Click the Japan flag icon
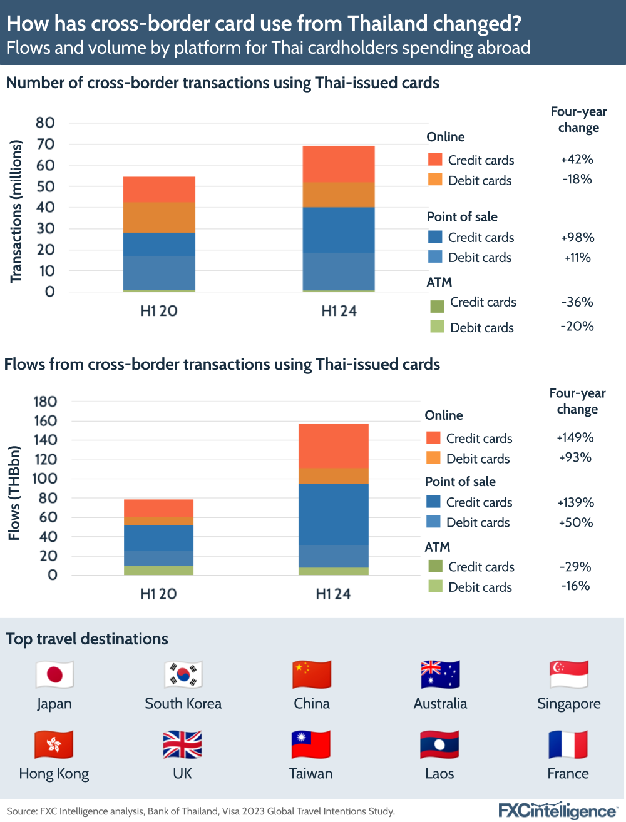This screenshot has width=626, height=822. pos(54,675)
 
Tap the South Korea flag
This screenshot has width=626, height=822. pos(183,675)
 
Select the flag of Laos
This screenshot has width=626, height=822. pos(439,745)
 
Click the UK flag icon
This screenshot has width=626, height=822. pos(182,745)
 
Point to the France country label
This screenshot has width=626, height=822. pos(568,774)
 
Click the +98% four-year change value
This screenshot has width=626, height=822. pos(577,238)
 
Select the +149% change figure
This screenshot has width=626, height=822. pos(575,438)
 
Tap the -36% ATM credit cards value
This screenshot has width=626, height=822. pos(577,302)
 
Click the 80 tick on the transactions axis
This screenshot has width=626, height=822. pos(45,123)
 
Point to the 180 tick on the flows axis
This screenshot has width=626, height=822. pos(45,402)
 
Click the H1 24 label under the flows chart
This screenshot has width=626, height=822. pos(333,594)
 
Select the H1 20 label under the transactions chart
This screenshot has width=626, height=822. pos(159,311)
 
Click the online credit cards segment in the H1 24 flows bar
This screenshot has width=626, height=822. pos(333,445)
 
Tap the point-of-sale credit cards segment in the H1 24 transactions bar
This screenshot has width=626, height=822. pos(339,230)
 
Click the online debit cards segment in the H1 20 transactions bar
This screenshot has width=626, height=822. pos(159,217)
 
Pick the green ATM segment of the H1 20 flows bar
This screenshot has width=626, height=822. pos(158,570)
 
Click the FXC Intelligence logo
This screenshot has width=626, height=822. pos(557,811)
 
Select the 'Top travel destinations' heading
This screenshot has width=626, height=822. pos(87,639)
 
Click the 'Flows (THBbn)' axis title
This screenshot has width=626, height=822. pos(14,493)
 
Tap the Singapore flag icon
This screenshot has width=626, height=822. pos(568,675)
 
